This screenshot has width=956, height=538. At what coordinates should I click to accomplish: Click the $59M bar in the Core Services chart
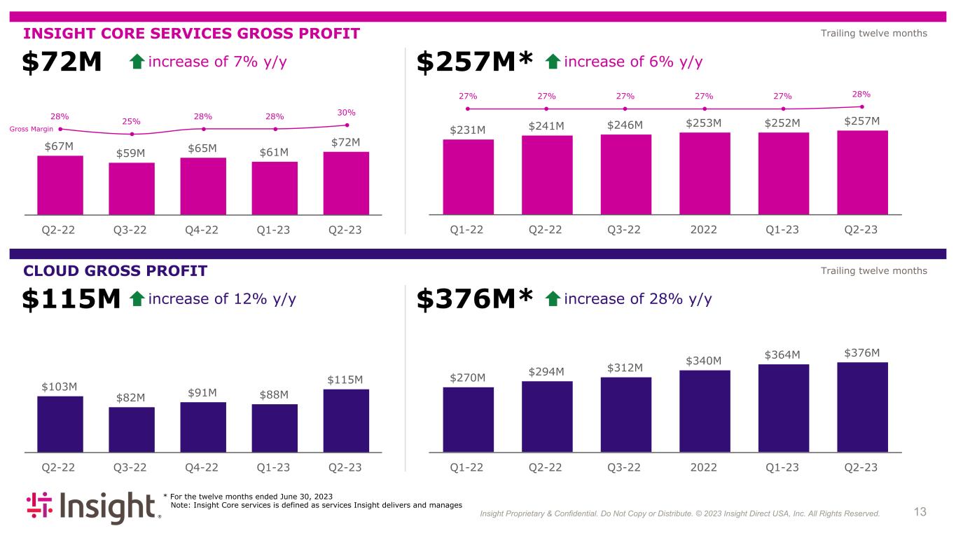[132, 188]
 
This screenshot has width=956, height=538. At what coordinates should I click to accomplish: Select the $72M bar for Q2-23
[346, 182]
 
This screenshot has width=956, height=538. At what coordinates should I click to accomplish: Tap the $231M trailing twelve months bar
[468, 176]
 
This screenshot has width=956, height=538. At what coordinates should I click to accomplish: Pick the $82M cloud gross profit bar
[132, 429]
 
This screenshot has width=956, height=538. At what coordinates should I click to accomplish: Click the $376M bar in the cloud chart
[862, 406]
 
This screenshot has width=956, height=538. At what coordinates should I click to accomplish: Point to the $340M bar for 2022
[705, 411]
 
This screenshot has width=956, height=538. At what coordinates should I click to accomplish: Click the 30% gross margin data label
[347, 112]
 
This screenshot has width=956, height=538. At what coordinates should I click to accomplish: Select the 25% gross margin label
[132, 121]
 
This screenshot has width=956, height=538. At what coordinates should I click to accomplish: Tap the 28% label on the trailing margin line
[861, 94]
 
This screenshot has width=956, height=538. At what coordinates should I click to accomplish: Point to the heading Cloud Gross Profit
[116, 271]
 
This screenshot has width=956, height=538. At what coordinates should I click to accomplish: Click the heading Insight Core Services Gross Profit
[191, 34]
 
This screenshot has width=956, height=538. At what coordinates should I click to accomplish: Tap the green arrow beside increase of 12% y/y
[137, 300]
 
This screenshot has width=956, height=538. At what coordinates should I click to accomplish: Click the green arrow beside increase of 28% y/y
[552, 300]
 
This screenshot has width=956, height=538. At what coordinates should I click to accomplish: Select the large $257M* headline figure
[476, 62]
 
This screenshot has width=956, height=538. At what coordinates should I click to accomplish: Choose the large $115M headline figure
[72, 300]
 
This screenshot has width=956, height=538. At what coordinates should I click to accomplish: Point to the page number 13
[920, 512]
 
